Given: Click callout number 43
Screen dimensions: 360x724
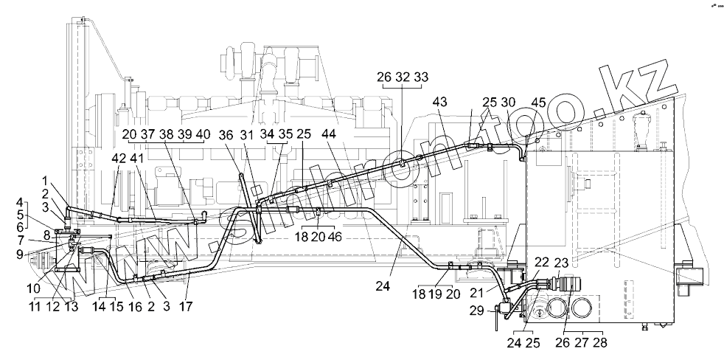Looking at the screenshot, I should pos(441,101).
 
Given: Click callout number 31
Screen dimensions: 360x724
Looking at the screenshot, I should pos(246,135).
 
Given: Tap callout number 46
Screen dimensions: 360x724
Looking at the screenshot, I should pos(335,238).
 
